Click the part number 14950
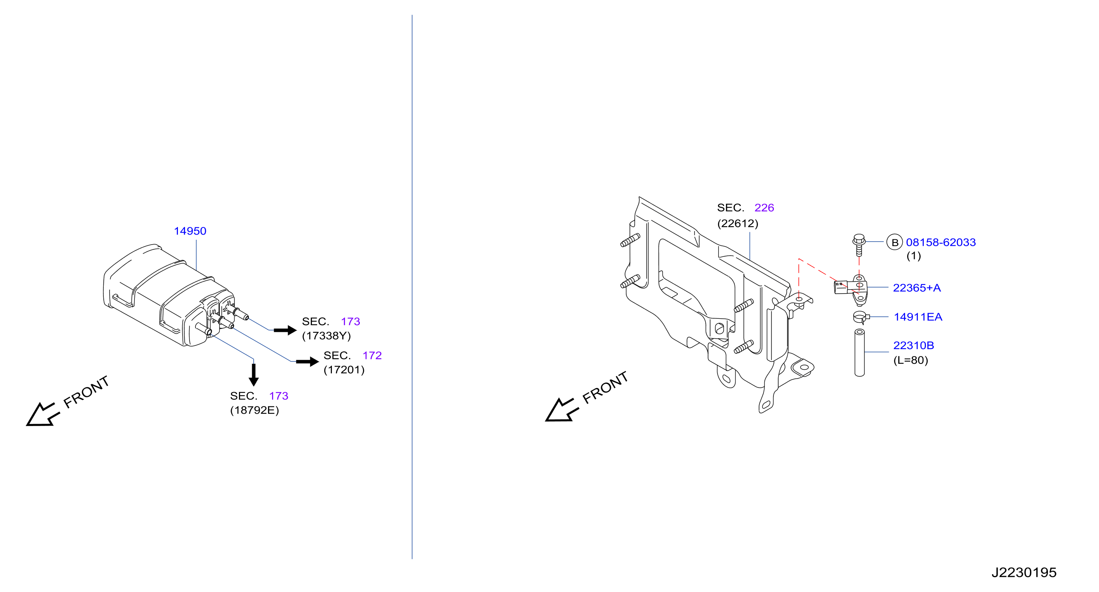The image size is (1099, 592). pyautogui.click(x=190, y=231)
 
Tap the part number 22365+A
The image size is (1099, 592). pyautogui.click(x=917, y=288)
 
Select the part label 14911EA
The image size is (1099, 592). pyautogui.click(x=918, y=317)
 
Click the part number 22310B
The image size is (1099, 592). pyautogui.click(x=914, y=345)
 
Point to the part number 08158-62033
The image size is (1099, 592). pyautogui.click(x=941, y=242)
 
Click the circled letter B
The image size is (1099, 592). pyautogui.click(x=894, y=242)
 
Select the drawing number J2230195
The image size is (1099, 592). pyautogui.click(x=1024, y=572)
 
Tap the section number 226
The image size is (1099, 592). pyautogui.click(x=764, y=208)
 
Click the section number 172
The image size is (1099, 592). pyautogui.click(x=372, y=355)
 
